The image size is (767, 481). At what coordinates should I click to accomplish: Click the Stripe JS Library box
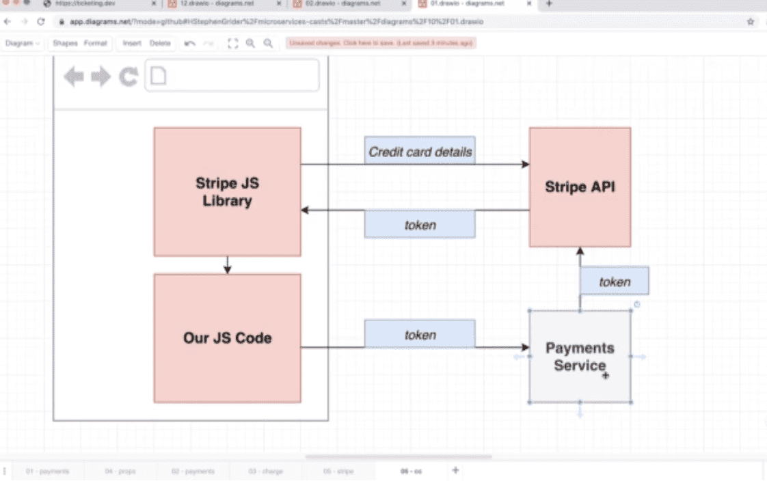227,192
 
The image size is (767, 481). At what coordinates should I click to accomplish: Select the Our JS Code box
227,338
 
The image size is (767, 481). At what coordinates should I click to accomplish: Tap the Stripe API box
580,187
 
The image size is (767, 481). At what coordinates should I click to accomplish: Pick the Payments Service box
580,356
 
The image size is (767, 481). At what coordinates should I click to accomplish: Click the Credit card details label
420,152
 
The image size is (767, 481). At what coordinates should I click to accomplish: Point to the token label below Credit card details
420,224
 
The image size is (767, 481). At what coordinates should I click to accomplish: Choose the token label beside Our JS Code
420,334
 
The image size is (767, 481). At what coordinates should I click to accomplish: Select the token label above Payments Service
614,281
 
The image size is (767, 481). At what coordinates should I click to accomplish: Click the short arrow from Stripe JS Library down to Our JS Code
228,265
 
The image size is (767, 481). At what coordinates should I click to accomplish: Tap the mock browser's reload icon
129,77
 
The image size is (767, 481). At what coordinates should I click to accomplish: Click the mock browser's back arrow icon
74,77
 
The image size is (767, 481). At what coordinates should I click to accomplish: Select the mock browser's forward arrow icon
100,77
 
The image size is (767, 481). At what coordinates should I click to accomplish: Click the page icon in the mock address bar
158,75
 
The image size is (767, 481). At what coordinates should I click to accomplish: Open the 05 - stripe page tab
338,471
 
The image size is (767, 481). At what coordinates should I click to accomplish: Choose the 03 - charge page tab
266,471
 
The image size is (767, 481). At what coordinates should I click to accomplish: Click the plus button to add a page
455,470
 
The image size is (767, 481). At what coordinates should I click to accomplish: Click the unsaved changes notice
381,43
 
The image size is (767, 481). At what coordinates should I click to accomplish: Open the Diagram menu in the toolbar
21,43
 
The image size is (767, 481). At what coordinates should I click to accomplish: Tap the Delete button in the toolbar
160,43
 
